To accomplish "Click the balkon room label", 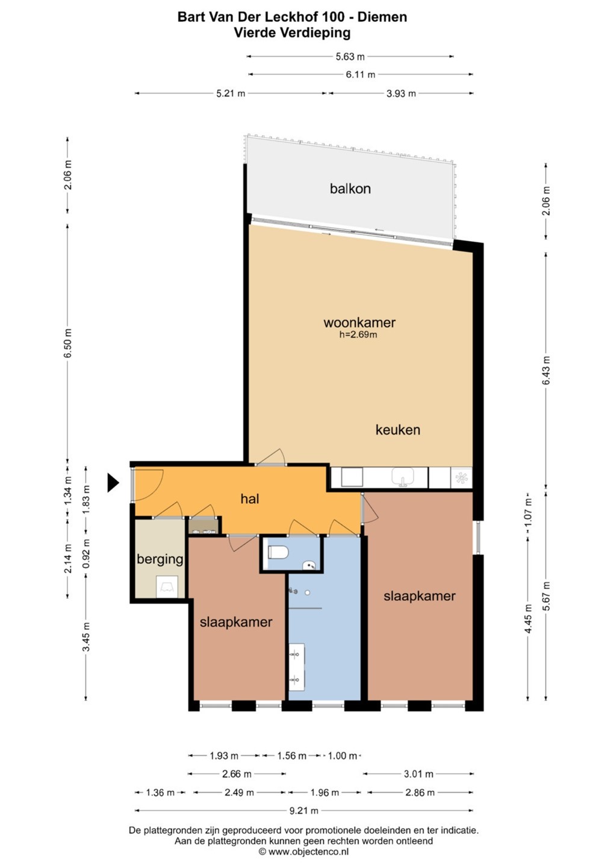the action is click(350, 189).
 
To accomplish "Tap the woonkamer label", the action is click(359, 322).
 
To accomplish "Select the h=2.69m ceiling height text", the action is click(358, 335).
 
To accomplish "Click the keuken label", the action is click(397, 430).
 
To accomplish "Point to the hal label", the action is click(250, 498).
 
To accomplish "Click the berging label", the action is click(160, 559).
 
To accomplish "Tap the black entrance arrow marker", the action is click(113, 483).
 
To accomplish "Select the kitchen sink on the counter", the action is click(402, 477).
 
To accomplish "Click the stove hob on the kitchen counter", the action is click(461, 478).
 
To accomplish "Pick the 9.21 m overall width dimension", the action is click(304, 811).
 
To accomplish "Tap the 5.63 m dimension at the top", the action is click(350, 57).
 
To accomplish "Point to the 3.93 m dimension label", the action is click(401, 93).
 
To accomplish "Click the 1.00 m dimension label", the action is click(343, 756).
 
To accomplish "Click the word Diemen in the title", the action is click(382, 17).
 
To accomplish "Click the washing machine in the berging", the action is click(167, 587).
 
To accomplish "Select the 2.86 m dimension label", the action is click(420, 793).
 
